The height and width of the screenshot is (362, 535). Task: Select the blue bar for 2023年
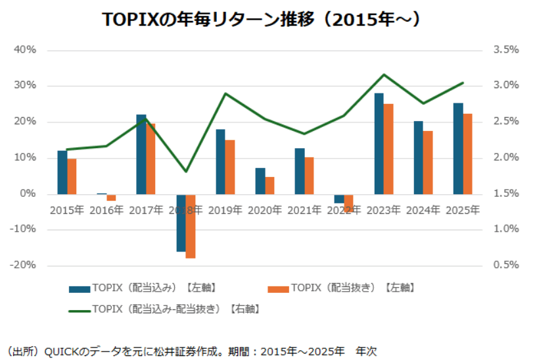click(379, 143)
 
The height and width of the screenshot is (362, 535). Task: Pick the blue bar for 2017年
click(141, 154)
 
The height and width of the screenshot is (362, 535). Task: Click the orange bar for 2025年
click(467, 153)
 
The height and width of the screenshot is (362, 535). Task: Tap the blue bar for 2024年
click(418, 157)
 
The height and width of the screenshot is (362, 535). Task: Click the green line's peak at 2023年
click(384, 74)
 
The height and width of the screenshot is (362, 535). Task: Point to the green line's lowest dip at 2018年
click(186, 171)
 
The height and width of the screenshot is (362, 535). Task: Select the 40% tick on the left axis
click(25, 50)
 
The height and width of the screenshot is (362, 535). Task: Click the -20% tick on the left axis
click(24, 265)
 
